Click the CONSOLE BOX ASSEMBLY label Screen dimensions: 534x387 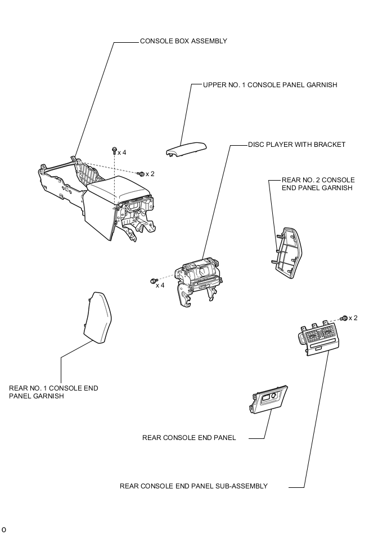coord(183,41)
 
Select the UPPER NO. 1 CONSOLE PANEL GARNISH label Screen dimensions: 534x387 coord(270,85)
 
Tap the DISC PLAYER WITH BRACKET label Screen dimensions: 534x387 coord(296,145)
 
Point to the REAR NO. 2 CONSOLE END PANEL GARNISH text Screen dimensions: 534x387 coord(318,184)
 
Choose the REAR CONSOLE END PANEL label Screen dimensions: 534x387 coord(189,437)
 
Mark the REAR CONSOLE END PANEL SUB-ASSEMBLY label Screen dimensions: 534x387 coord(193,486)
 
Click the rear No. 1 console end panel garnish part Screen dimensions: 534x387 coord(98,317)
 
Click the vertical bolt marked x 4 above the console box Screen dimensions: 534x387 coord(114,151)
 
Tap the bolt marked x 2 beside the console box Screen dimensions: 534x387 coord(141,174)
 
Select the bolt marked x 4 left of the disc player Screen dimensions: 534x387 coord(152,280)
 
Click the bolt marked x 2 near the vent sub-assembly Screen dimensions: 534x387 coord(344,318)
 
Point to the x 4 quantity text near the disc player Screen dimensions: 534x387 coord(160,285)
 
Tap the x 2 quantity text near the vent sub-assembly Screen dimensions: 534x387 coord(353,318)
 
